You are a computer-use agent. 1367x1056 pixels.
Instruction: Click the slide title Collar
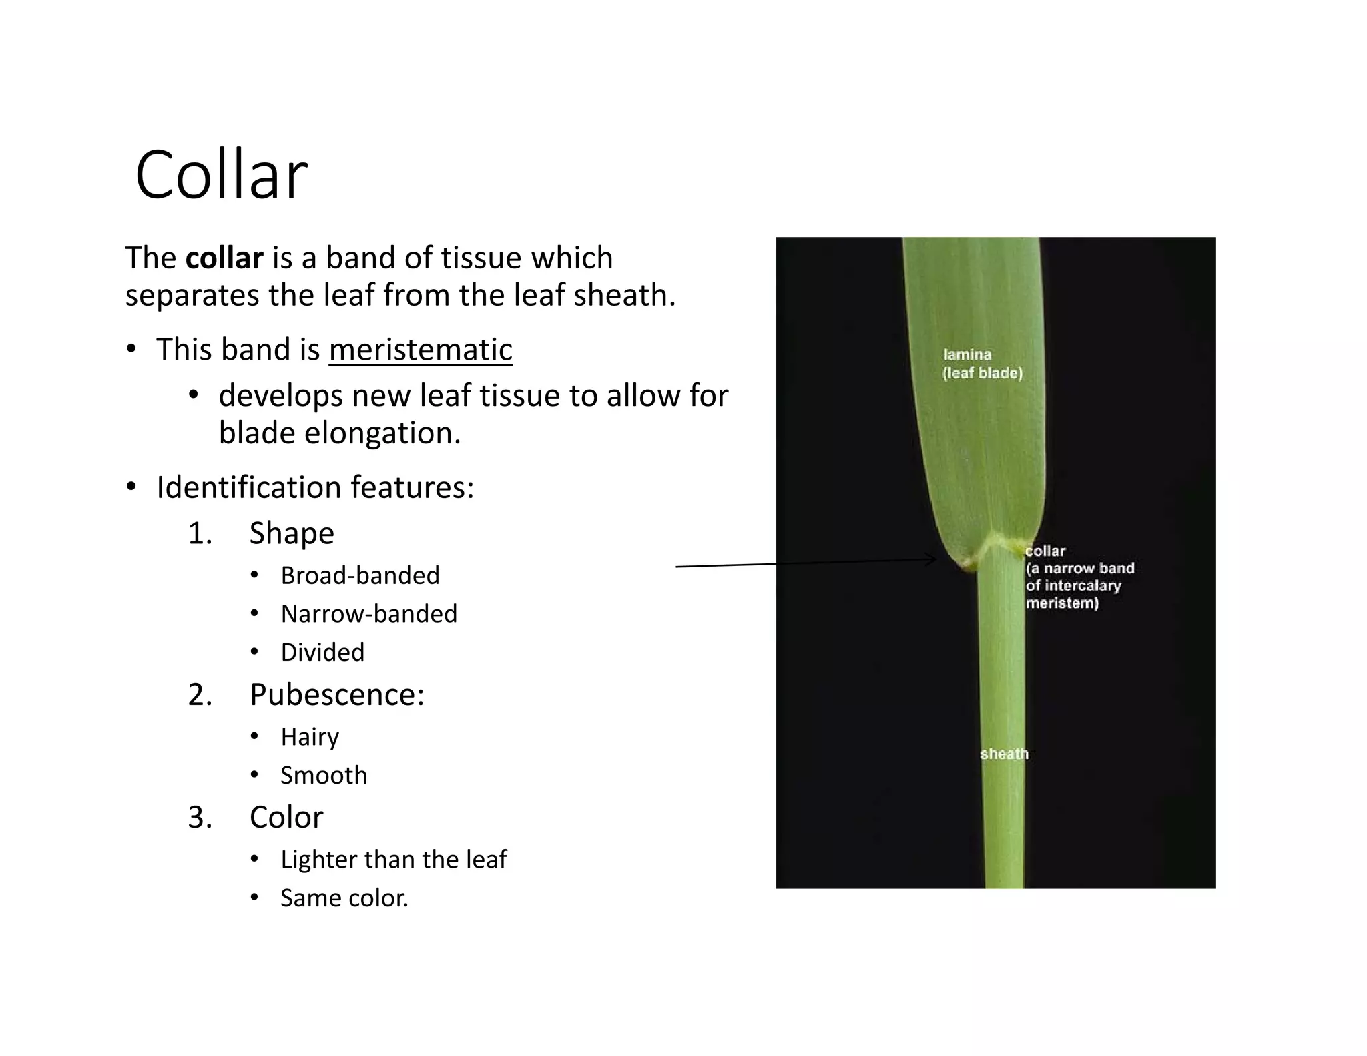tap(221, 175)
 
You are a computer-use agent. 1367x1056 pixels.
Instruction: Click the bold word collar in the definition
tap(224, 258)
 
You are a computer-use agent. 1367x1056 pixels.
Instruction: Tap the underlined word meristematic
tap(421, 350)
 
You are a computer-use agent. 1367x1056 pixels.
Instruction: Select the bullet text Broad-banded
tap(360, 575)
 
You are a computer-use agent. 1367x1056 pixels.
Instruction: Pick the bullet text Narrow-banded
tap(368, 614)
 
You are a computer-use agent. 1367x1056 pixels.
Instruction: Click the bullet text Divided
tap(322, 652)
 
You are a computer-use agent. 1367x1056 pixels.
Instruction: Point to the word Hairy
tap(310, 737)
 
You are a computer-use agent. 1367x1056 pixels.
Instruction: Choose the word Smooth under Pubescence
tap(324, 776)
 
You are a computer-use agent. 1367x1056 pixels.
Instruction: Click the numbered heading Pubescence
tap(336, 695)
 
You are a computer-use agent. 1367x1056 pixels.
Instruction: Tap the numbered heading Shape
tap(292, 533)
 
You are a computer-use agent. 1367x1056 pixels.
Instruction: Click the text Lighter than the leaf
tap(393, 860)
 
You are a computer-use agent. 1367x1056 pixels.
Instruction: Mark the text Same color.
tap(344, 898)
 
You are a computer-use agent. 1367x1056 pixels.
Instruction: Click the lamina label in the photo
tap(967, 355)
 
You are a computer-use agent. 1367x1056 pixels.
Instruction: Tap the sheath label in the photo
tap(1004, 754)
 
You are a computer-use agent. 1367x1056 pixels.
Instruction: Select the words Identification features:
tap(315, 487)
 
